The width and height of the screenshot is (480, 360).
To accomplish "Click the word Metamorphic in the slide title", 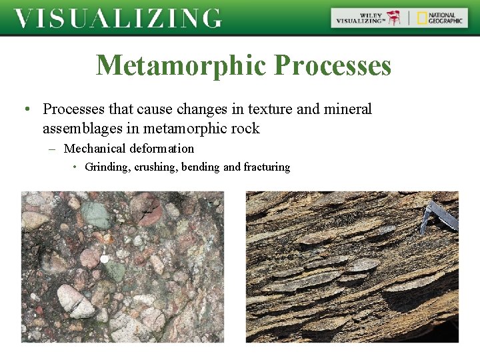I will pos(181,66).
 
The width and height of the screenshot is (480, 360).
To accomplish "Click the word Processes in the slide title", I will pos(333,66).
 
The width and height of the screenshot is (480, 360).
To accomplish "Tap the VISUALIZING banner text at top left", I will pos(118,18).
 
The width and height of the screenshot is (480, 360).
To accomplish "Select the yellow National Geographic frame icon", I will pos(422,18).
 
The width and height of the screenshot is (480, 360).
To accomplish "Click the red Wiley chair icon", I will pos(395,18).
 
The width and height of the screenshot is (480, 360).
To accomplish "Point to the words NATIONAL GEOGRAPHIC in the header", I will pos(445,18).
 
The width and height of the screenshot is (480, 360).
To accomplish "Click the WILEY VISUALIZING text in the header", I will pos(361,18).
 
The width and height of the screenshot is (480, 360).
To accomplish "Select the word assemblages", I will pos(84,128).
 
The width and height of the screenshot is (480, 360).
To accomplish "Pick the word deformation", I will pos(161,149).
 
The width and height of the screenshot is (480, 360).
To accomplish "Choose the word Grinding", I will pos(107,167).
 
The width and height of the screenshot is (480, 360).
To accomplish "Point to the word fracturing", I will pos(267,167).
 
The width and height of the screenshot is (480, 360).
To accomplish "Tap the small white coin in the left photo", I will pos(104,259).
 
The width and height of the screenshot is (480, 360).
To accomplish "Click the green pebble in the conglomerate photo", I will pos(97,215).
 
